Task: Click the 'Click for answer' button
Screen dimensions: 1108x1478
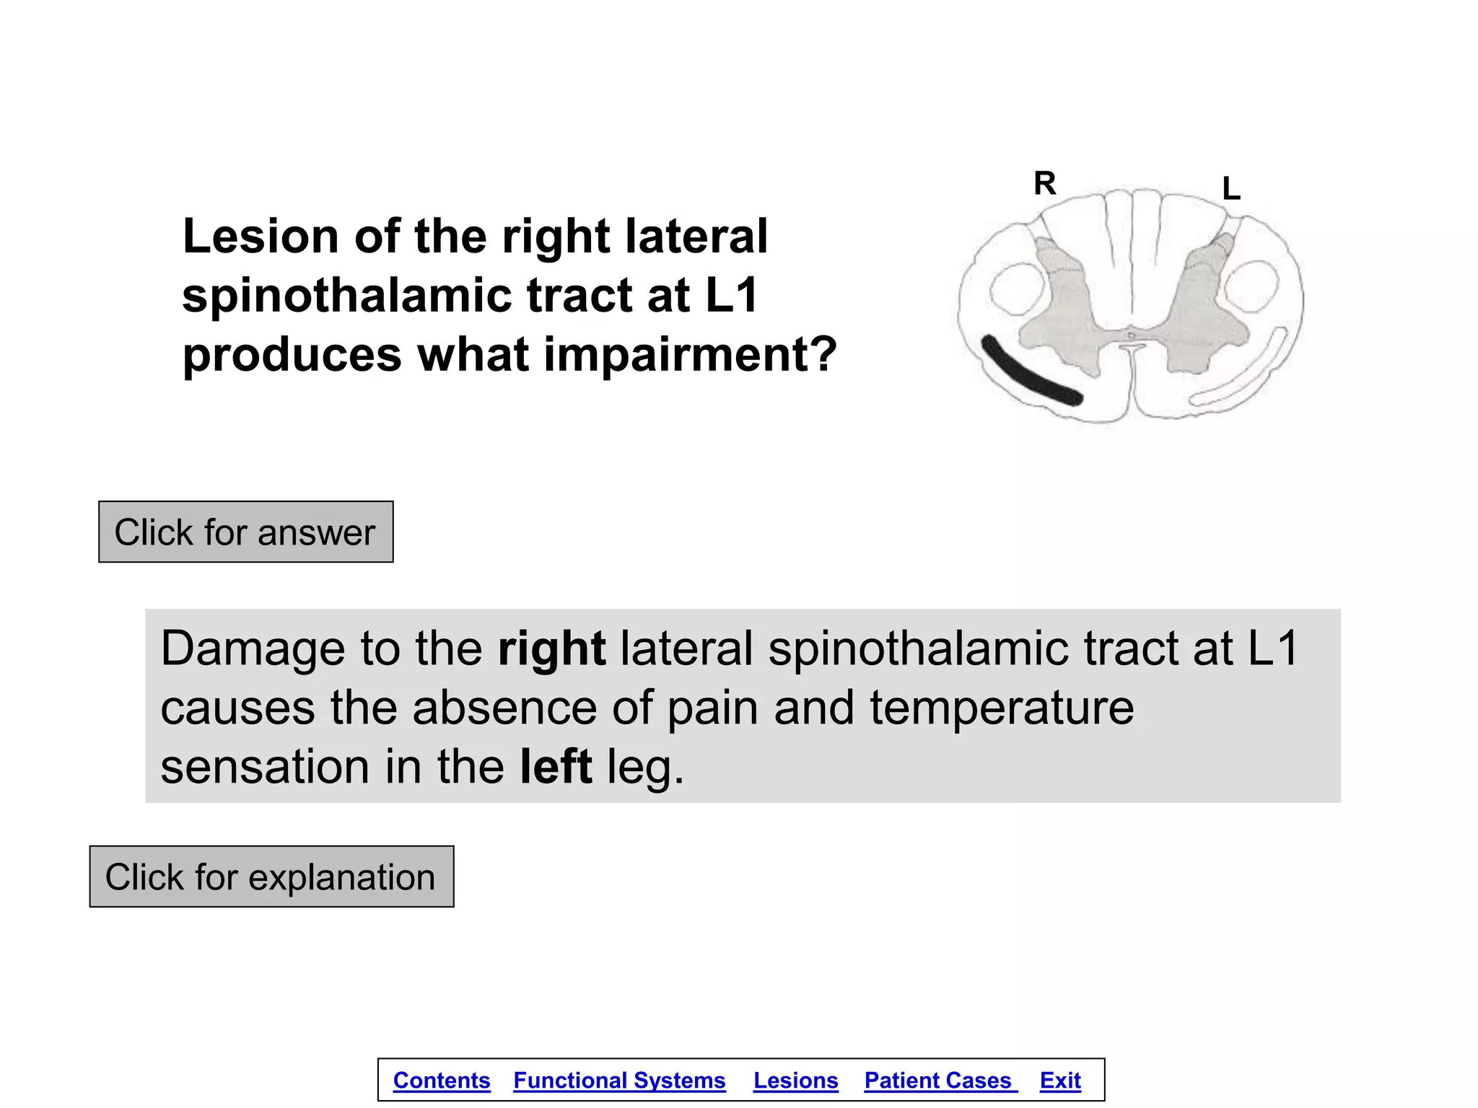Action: tap(245, 532)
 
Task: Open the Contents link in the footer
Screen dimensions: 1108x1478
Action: tap(442, 1081)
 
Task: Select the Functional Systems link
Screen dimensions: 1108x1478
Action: tap(619, 1081)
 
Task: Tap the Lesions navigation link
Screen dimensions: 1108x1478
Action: tap(795, 1081)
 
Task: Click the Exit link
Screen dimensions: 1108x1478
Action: tap(1060, 1081)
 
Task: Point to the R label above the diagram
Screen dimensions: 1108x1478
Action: tap(1044, 183)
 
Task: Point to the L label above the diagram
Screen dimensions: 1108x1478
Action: tap(1231, 189)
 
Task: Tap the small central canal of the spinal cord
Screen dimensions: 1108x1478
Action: tap(1132, 335)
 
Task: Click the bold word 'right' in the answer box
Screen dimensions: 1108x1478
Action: tap(551, 648)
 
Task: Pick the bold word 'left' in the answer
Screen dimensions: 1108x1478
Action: tap(556, 766)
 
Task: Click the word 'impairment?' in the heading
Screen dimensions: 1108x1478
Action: tap(690, 354)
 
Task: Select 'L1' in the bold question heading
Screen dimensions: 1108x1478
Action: tap(731, 295)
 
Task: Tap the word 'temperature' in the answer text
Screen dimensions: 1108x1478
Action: tap(1002, 708)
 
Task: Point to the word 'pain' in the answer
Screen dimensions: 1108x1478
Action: tap(712, 708)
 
